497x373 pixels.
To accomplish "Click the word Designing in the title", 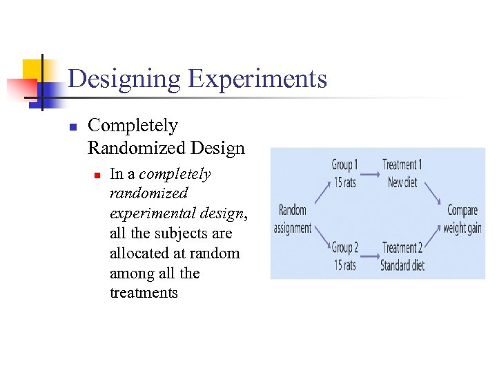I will [124, 79].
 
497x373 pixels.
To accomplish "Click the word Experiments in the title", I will [257, 79].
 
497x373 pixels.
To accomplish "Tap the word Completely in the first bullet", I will [133, 126].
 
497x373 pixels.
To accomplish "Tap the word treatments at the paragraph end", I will [144, 293].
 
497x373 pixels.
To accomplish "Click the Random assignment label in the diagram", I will [293, 219].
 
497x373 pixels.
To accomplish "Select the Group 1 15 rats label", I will [345, 173].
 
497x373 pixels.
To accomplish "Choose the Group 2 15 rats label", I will [344, 256].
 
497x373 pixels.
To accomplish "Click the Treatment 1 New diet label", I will [402, 173].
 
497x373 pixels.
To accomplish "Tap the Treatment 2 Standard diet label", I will [402, 256].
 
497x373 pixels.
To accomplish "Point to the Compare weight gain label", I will [462, 219].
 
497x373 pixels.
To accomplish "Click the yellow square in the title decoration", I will [32, 70].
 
